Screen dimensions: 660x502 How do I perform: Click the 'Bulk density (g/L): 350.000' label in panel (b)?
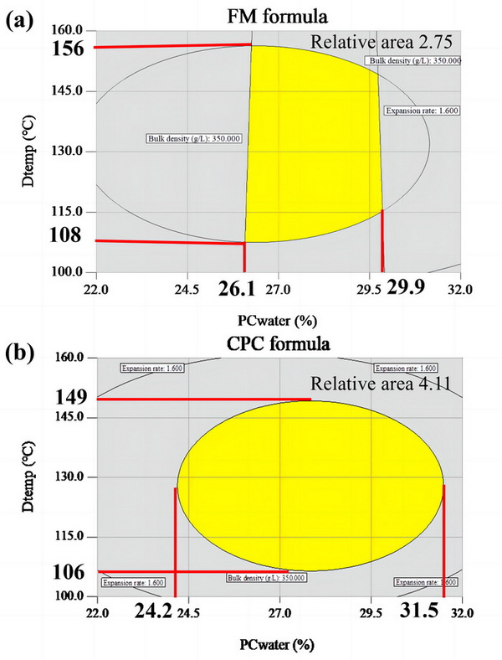(x=266, y=577)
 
